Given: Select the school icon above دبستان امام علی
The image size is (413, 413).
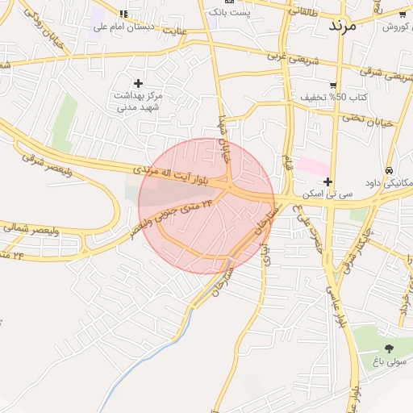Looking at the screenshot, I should click(123, 14).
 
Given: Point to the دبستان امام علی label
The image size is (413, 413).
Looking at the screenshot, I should click(123, 27).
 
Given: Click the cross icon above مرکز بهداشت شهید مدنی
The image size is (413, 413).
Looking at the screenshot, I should click(138, 83).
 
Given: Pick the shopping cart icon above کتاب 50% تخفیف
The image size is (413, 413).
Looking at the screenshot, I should click(333, 86).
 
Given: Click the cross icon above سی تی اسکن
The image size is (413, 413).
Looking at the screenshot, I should click(327, 181).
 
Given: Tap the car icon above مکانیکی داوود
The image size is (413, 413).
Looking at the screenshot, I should click(390, 171).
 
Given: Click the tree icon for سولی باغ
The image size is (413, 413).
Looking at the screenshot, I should click(389, 348).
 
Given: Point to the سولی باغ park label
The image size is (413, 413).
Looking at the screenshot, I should click(386, 361).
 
